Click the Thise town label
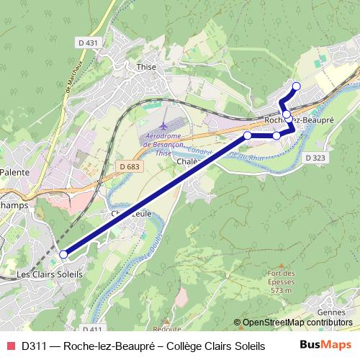point(145,66)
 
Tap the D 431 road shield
point(87,43)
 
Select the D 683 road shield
point(129,166)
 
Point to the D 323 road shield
point(315,157)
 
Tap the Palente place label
point(14,173)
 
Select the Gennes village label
point(330,312)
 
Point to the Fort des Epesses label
point(281,277)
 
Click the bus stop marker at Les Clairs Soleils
point(63,254)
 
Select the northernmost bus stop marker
point(296,86)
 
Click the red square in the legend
point(9,346)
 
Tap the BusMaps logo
point(325,345)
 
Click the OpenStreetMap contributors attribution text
point(297,323)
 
